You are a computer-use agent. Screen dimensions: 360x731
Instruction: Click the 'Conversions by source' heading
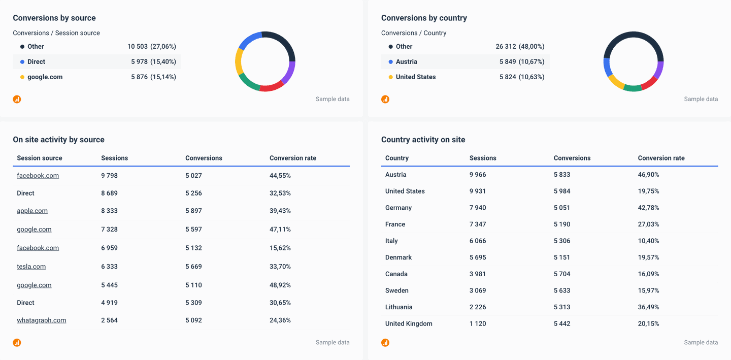pos(54,18)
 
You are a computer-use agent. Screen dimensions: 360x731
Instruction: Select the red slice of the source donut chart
pos(272,86)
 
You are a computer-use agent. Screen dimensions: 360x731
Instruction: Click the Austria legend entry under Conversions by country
pos(406,62)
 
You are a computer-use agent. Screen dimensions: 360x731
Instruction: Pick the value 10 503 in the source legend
pos(137,47)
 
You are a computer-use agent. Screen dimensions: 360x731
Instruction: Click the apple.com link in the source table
pos(32,211)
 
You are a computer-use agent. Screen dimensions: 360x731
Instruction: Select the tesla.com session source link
pos(31,267)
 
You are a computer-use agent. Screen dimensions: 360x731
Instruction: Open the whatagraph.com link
pos(41,320)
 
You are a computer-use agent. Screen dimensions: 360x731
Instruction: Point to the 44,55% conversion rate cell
pos(280,176)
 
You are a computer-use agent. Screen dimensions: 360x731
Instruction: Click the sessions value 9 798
pos(109,176)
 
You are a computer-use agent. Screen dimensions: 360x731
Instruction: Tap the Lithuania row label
pos(398,307)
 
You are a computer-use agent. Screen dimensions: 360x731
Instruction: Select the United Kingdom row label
pos(409,324)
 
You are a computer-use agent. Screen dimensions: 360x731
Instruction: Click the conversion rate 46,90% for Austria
pos(648,175)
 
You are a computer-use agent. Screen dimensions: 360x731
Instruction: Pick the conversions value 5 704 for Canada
pos(562,274)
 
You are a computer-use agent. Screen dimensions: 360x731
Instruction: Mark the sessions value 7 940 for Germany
pos(478,208)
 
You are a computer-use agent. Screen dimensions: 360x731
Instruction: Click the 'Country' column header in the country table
pos(397,158)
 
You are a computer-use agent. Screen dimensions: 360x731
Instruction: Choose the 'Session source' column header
pos(40,158)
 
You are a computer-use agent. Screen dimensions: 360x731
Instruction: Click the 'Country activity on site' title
pos(423,140)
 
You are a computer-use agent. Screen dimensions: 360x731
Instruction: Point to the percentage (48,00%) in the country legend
pos(531,47)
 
